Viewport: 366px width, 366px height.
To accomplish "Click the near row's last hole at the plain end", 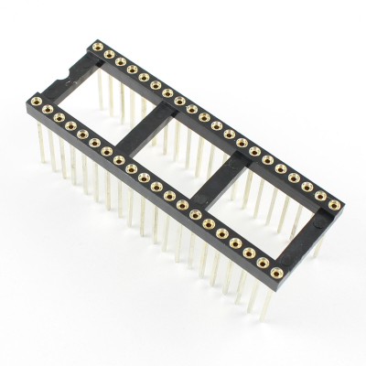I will click(274, 268).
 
